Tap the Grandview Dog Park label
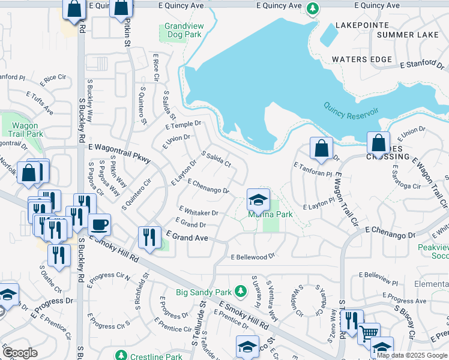183,31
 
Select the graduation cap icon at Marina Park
258,200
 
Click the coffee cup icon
100,225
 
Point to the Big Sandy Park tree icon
240,291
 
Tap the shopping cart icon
368,332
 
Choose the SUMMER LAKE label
408,35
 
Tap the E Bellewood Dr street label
253,256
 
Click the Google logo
20,353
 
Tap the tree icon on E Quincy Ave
312,8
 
